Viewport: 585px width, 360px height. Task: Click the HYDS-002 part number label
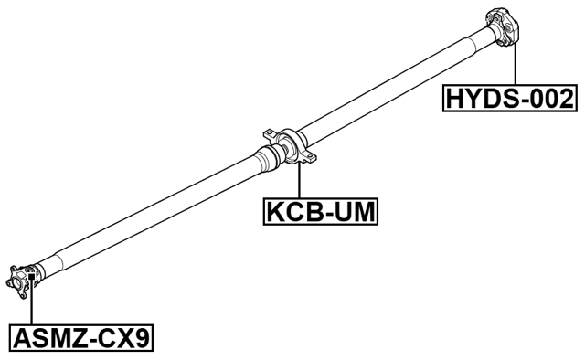point(510,98)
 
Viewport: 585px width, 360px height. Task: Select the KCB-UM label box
point(321,212)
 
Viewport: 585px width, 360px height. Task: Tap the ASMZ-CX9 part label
point(80,339)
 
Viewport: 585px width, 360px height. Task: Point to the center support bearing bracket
point(289,146)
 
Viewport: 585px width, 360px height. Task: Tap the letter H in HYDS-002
point(455,98)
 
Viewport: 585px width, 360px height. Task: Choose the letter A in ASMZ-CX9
point(22,339)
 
